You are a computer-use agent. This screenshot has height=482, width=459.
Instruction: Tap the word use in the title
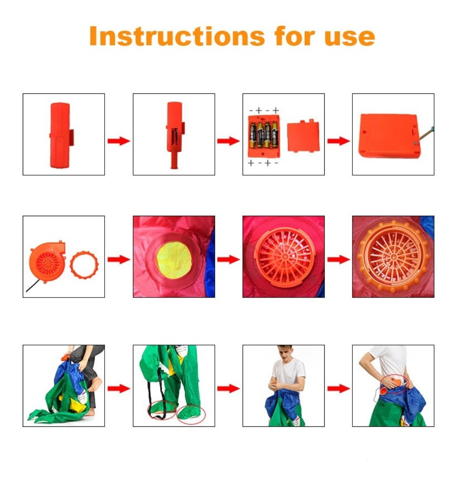[350, 38]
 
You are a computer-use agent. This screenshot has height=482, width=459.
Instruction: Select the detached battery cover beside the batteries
[303, 136]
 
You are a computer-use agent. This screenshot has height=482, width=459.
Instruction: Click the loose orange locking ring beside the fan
[84, 265]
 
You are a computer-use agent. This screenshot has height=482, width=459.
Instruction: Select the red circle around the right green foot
[191, 415]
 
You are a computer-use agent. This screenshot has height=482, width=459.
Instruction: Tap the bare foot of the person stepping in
[96, 384]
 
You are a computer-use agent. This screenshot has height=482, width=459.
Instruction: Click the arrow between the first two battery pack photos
[119, 141]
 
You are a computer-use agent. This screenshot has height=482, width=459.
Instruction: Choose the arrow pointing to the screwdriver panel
[339, 141]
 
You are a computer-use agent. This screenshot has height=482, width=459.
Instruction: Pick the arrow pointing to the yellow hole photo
[119, 259]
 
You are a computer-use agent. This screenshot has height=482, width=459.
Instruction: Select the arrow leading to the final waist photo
[339, 389]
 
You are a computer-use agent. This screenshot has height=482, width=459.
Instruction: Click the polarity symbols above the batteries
[264, 111]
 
